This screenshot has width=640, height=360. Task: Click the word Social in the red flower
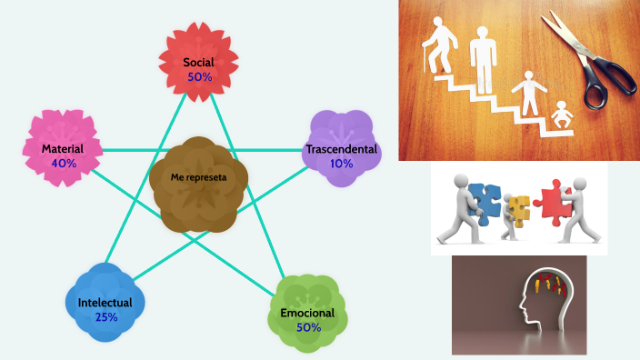[x=200, y=63]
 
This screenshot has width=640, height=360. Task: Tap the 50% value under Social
[x=200, y=77]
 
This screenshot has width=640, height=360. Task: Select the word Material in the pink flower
[x=63, y=149]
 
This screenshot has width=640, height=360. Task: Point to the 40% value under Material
[x=63, y=164]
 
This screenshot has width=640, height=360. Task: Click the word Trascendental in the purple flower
[x=342, y=149]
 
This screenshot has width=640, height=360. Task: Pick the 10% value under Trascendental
[x=342, y=164]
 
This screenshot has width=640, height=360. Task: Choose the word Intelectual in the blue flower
[x=105, y=303]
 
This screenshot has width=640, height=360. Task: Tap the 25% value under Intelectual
[x=105, y=317]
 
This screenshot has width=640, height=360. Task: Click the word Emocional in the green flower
[x=308, y=313]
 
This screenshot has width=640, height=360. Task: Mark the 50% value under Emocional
[x=308, y=327]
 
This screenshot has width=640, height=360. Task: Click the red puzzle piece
[x=551, y=199]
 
